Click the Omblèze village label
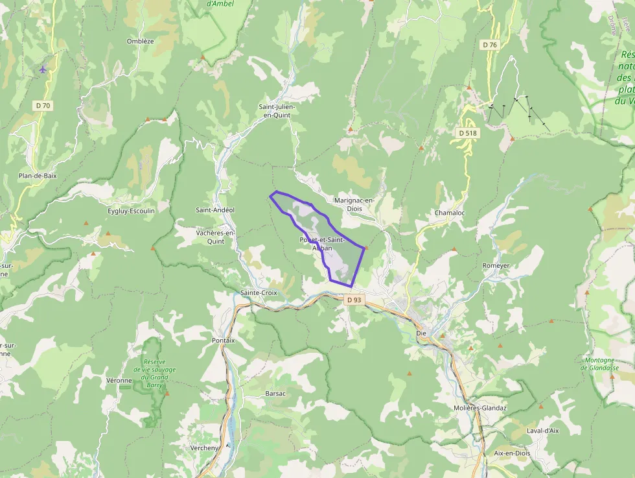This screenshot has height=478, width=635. pyautogui.click(x=141, y=41)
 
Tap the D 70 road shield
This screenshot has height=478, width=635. pyautogui.click(x=43, y=104)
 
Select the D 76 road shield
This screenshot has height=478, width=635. pyautogui.click(x=490, y=45)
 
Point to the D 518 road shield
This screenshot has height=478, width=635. pyautogui.click(x=467, y=133)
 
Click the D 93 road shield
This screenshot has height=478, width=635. pyautogui.click(x=354, y=300)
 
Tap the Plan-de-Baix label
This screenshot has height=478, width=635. pyautogui.click(x=38, y=176)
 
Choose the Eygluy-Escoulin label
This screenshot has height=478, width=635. pyautogui.click(x=131, y=211)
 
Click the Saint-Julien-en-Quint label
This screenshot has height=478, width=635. pyautogui.click(x=275, y=110)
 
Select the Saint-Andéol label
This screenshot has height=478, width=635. pyautogui.click(x=215, y=210)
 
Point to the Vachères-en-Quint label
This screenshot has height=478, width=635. pyautogui.click(x=214, y=237)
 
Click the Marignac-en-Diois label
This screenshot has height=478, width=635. pyautogui.click(x=354, y=204)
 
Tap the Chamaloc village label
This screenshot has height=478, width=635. pyautogui.click(x=450, y=213)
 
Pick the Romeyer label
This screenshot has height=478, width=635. pyautogui.click(x=496, y=266)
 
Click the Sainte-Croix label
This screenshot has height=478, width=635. pyautogui.click(x=259, y=293)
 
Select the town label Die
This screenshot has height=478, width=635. pyautogui.click(x=421, y=333)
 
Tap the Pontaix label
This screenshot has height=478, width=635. pyautogui.click(x=223, y=340)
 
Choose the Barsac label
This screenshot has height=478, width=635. pyautogui.click(x=275, y=394)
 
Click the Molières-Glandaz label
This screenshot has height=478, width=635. pyautogui.click(x=480, y=408)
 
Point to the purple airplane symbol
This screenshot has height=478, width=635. pyautogui.click(x=43, y=69)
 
